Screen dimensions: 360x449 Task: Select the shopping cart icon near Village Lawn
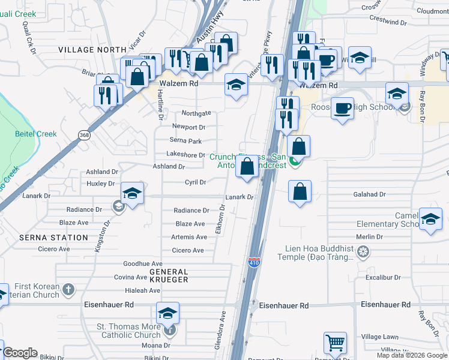pyautogui.click(x=335, y=343)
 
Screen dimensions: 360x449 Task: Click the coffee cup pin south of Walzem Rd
pyautogui.click(x=342, y=108)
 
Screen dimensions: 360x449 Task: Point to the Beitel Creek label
pyautogui.click(x=36, y=134)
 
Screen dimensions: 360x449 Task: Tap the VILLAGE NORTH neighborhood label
pyautogui.click(x=91, y=50)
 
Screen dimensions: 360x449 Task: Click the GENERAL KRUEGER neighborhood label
pyautogui.click(x=169, y=275)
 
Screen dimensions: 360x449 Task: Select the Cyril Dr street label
pyautogui.click(x=195, y=182)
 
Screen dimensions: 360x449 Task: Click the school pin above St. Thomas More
pyautogui.click(x=167, y=313)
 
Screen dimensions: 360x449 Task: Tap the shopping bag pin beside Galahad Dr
pyautogui.click(x=300, y=191)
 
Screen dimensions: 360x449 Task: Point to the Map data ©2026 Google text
pyautogui.click(x=412, y=355)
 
